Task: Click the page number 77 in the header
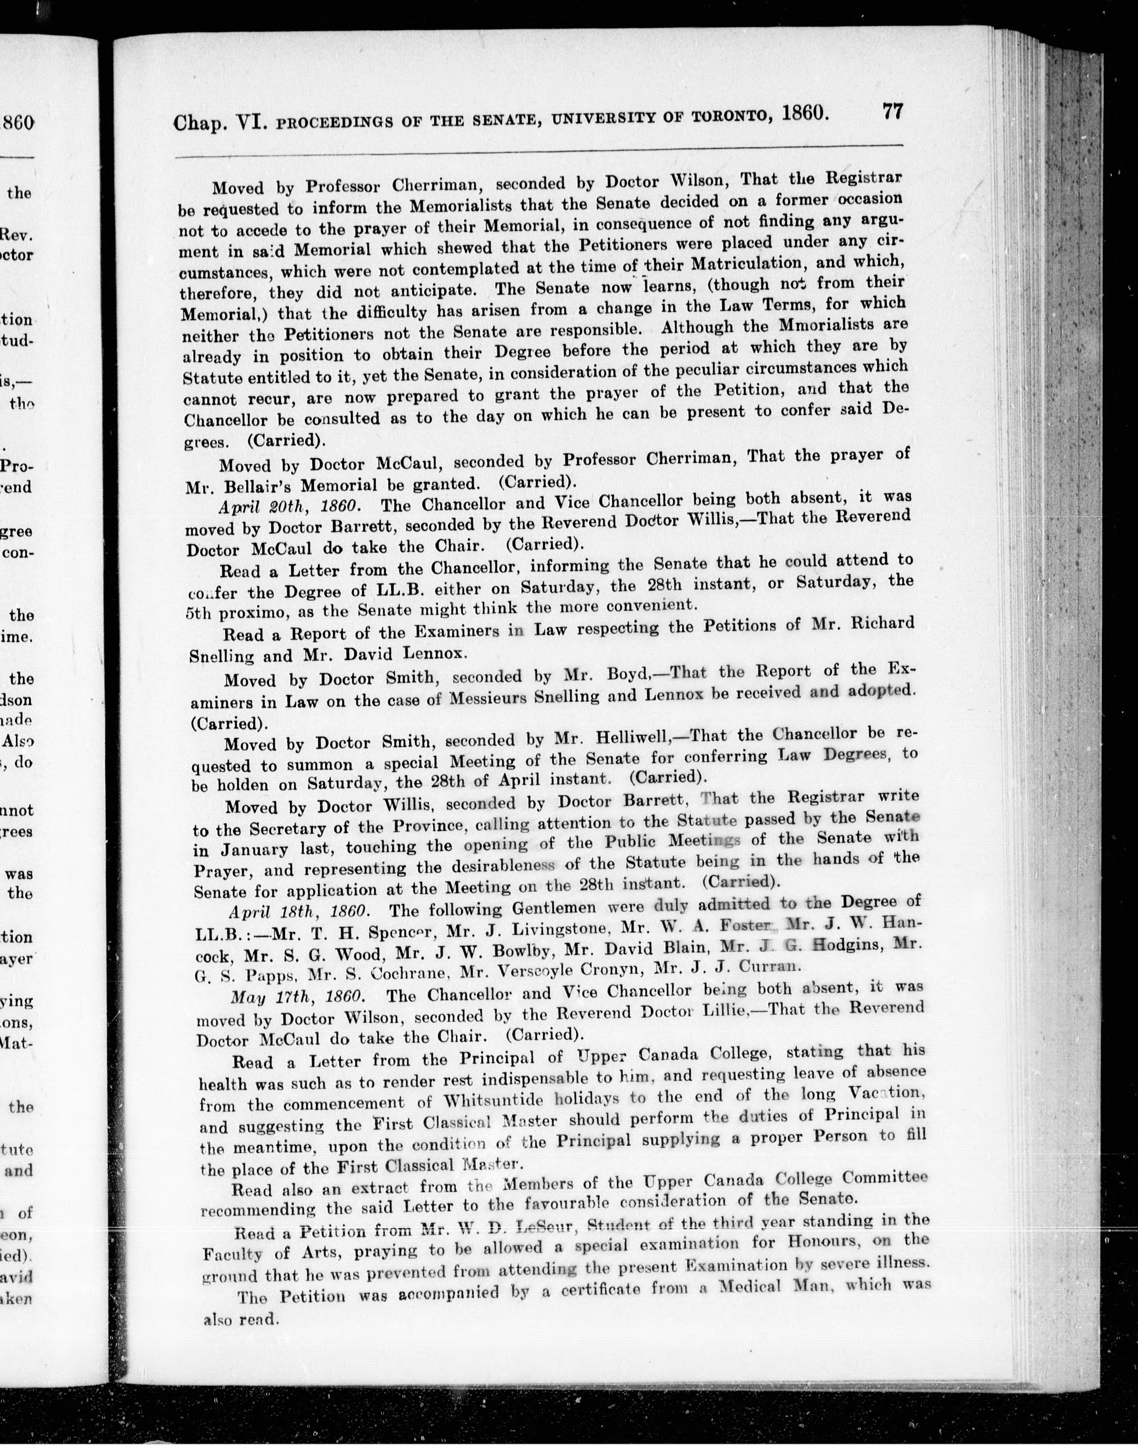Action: (892, 111)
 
